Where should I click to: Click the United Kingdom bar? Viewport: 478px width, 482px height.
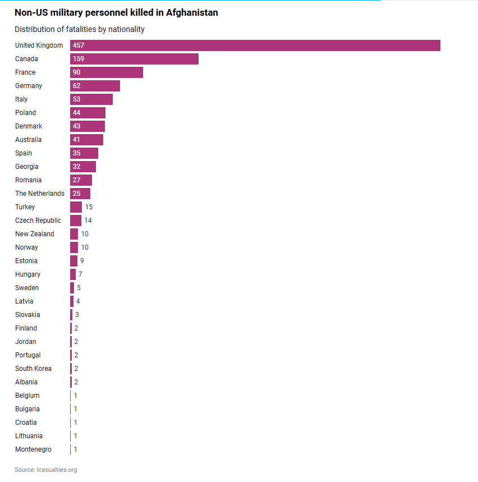255,45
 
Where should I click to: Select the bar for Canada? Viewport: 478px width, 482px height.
135,59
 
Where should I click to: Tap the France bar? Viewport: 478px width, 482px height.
107,72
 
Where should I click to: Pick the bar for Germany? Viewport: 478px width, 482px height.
95,86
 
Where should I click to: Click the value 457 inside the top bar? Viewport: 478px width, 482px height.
79,45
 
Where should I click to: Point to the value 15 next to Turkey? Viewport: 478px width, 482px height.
89,207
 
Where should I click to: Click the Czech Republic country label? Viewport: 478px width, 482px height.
38,221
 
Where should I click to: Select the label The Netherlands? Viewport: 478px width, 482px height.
40,194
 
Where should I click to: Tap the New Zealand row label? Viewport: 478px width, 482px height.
35,234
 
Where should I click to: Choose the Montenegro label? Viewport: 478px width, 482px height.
33,449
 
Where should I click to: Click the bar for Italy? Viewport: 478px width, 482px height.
91,99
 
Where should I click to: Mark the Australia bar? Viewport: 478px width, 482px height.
87,140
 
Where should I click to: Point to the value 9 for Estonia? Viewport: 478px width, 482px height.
82,261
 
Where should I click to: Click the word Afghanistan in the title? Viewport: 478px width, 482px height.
192,12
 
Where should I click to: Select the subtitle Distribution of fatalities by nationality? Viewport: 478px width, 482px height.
80,29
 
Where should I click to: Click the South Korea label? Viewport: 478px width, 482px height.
33,369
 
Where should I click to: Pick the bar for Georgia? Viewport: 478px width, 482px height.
83,167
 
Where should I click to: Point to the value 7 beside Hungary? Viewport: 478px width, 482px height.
80,274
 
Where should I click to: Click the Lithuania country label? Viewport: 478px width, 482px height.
29,436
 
